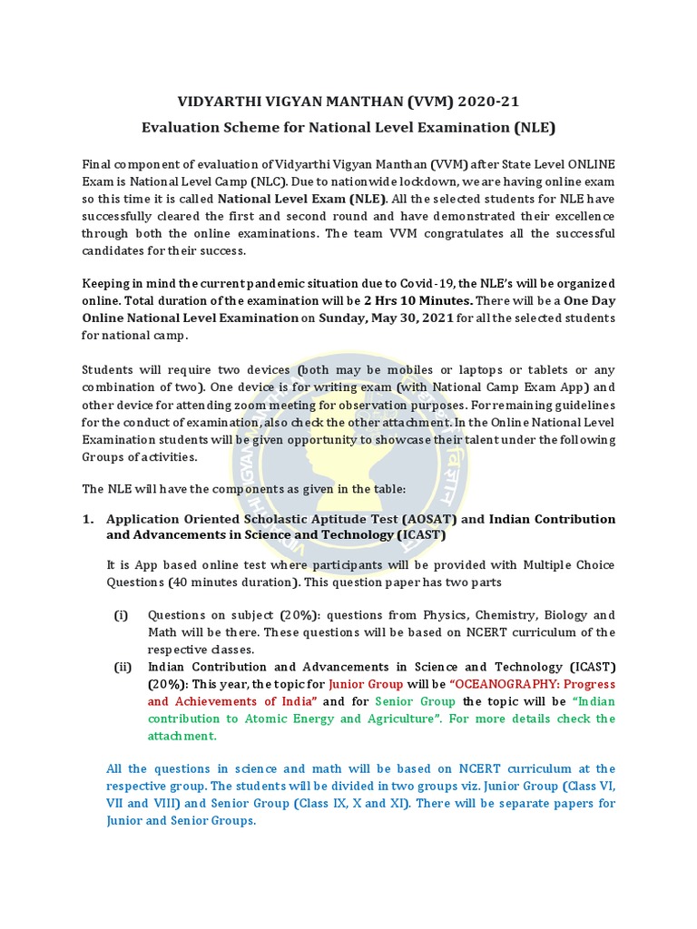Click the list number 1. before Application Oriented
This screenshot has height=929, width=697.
click(x=89, y=520)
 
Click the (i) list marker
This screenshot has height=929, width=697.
click(x=122, y=615)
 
